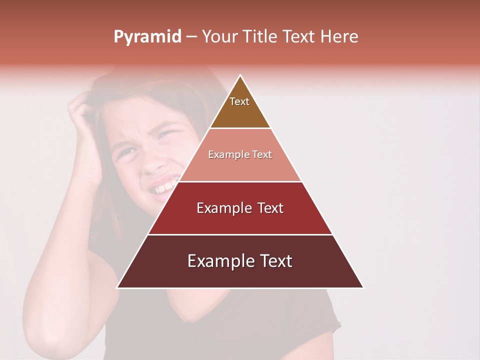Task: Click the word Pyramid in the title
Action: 147,37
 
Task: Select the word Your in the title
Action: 219,37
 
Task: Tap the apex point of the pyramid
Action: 240,75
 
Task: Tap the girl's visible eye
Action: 128,150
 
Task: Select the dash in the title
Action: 191,37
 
